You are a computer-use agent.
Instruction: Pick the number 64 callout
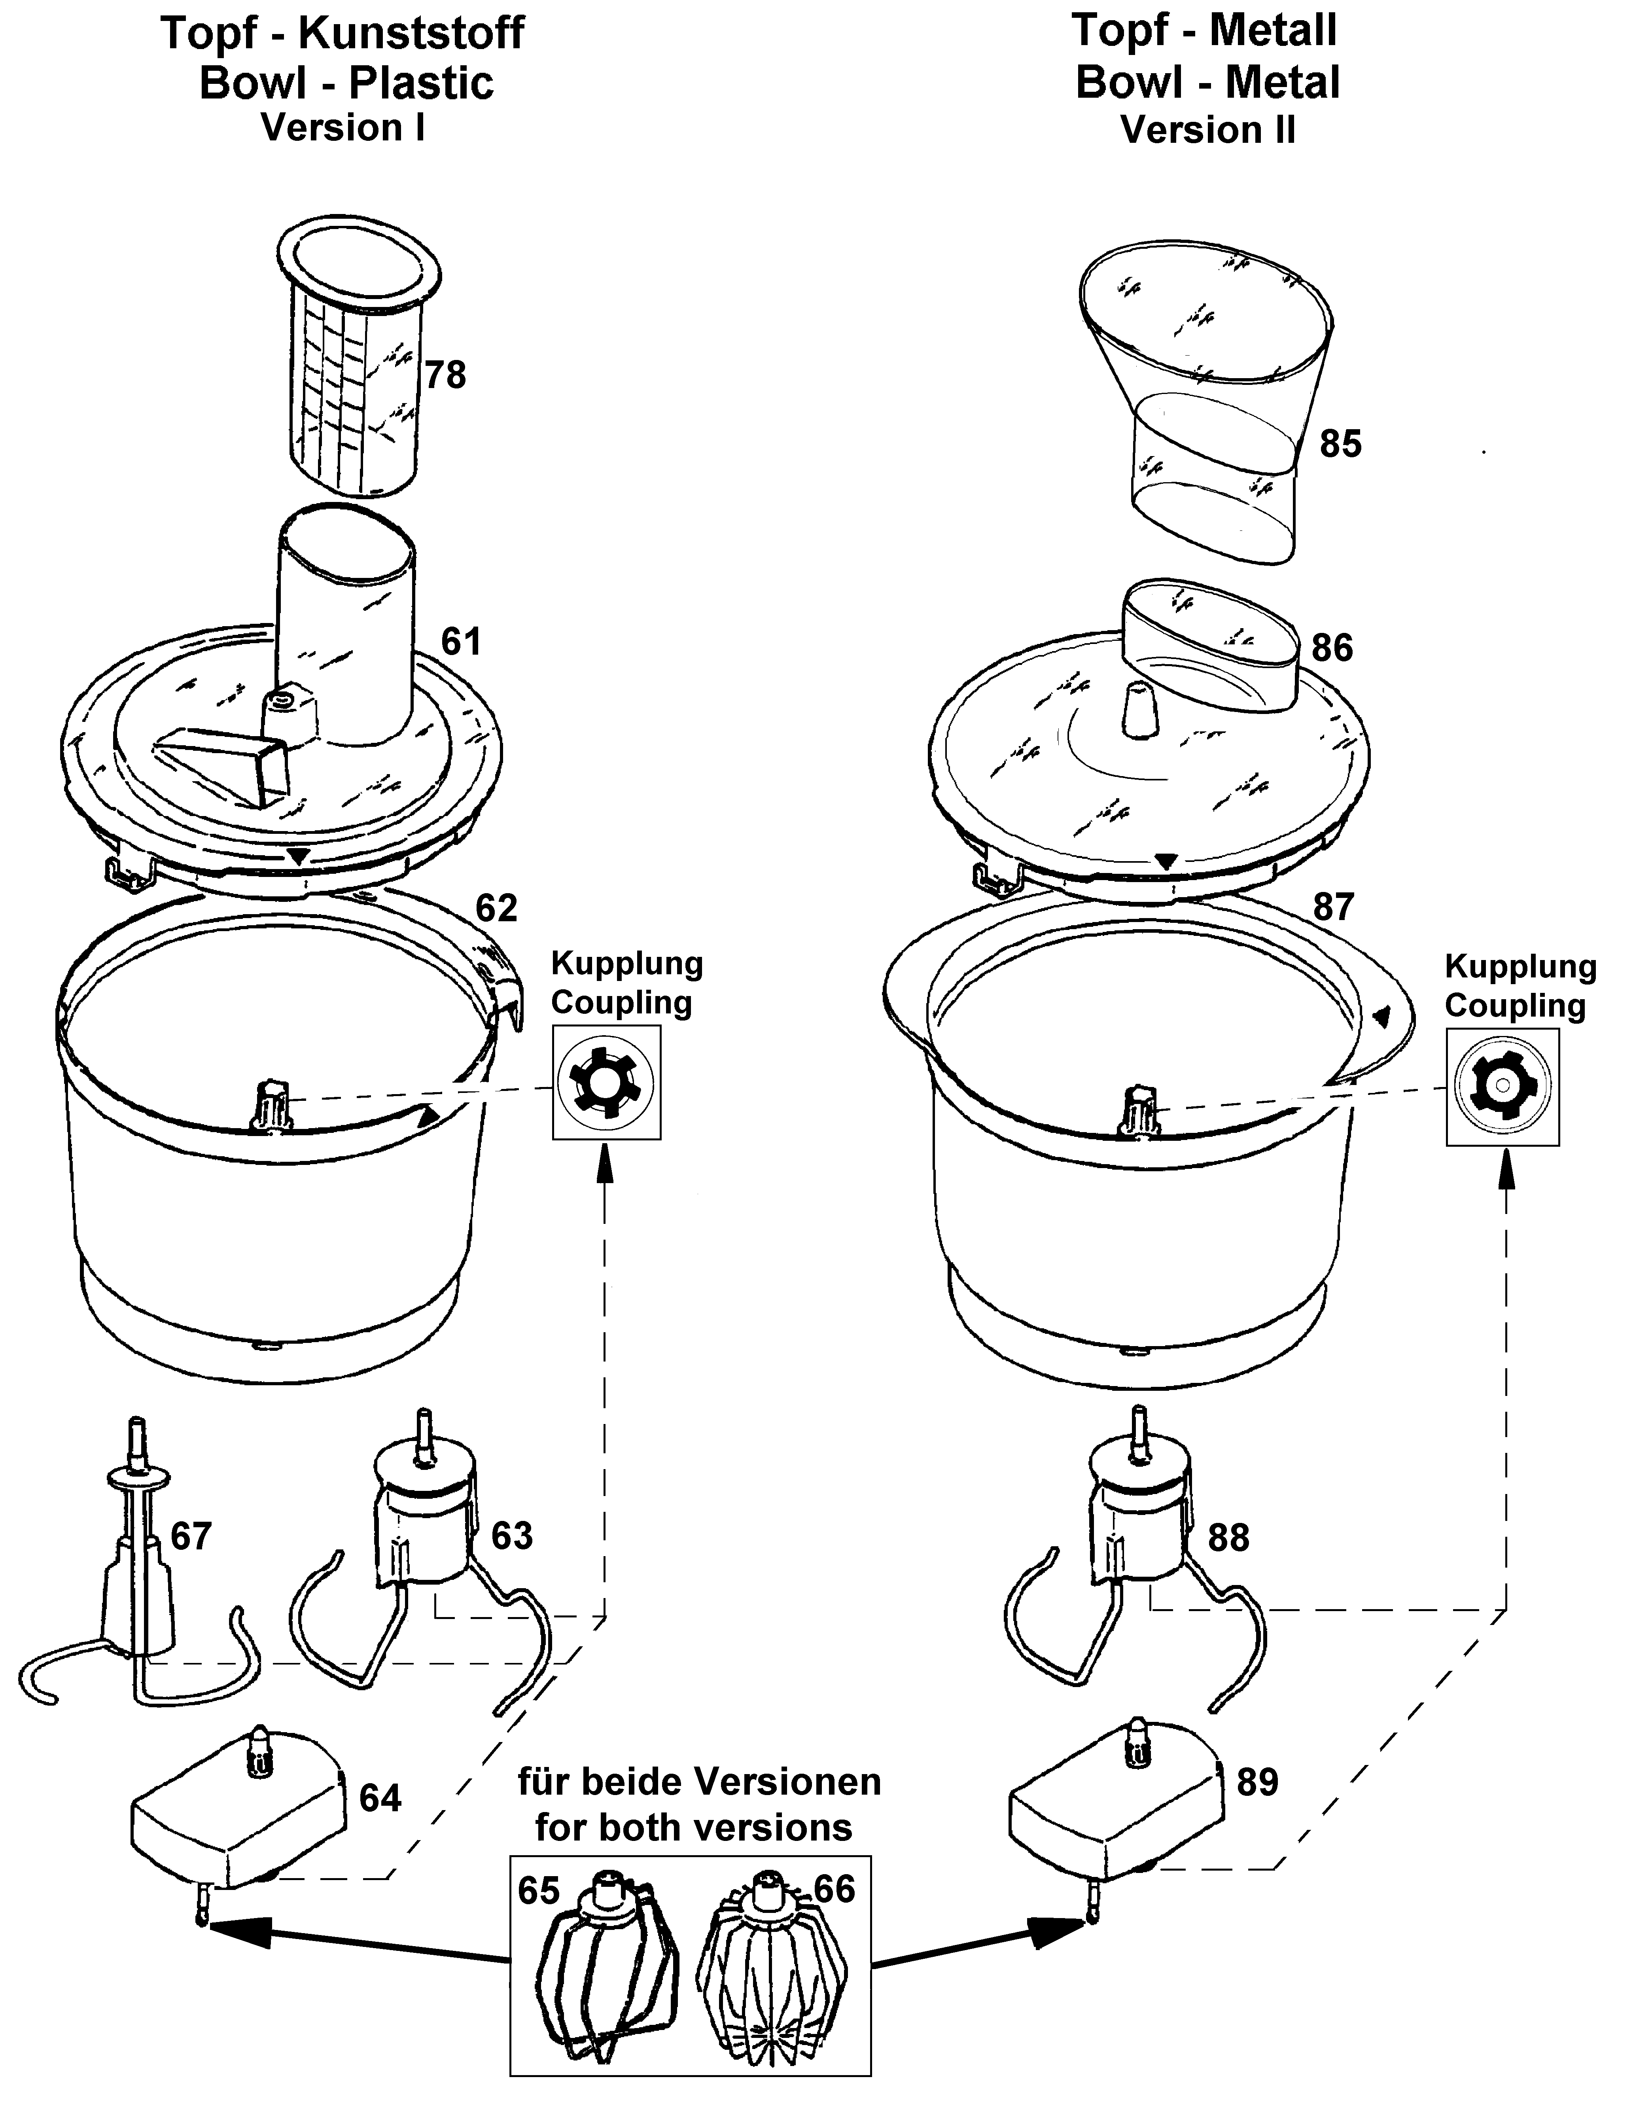380,1798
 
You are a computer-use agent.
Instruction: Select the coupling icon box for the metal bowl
1502,1087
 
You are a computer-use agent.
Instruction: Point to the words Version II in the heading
1208,129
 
